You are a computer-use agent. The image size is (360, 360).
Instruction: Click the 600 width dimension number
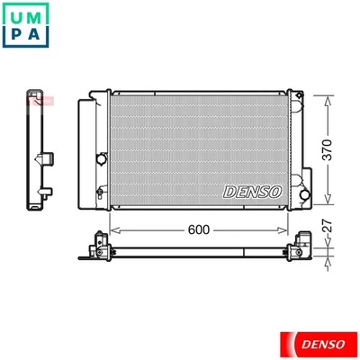(x=199, y=229)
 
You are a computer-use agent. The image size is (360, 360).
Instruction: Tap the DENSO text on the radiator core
(x=251, y=191)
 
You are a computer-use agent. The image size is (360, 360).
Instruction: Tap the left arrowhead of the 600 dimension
(x=113, y=229)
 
